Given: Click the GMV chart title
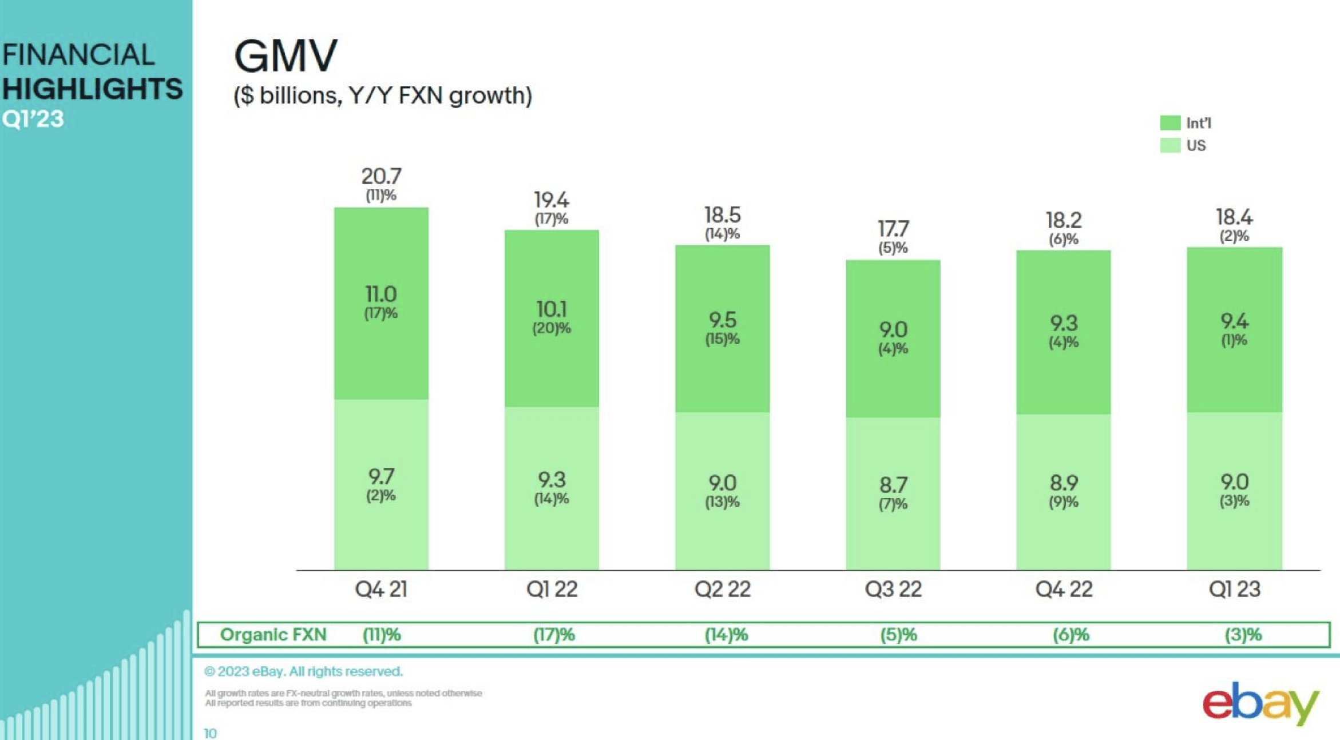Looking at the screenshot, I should [286, 56].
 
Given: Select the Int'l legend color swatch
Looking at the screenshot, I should [1169, 123].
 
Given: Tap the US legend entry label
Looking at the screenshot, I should [1196, 146].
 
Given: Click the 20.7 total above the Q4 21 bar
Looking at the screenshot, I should [381, 176].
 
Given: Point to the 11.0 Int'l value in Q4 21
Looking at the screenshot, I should [381, 295].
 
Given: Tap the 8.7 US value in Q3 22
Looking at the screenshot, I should [893, 486].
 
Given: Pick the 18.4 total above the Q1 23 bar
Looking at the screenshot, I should [1234, 217].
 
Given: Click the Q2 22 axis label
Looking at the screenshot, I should [722, 590].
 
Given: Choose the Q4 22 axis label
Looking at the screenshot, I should [1064, 590].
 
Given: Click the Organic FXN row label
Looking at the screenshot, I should [273, 635].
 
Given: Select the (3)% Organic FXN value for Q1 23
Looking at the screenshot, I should [1243, 635].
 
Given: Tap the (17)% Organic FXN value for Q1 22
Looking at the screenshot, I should [554, 635].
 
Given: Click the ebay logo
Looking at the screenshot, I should [1260, 703].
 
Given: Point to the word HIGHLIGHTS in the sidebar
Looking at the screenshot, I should [92, 89].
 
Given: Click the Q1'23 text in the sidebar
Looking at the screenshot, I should [33, 120].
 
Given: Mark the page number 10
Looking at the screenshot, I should [211, 733].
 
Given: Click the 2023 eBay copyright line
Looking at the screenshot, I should [303, 671].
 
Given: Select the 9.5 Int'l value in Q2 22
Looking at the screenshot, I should [722, 320].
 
